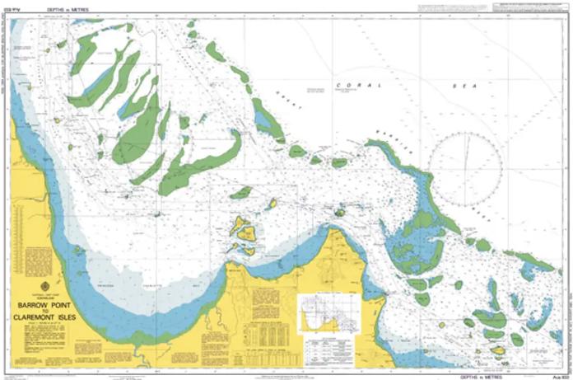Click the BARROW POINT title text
pos(40,303)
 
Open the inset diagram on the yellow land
pos(328,313)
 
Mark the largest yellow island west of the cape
pos(241,226)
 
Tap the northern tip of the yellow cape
pos(333,232)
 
